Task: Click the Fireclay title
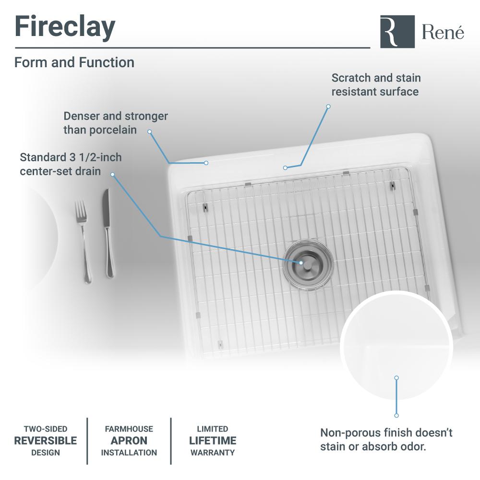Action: click(x=65, y=27)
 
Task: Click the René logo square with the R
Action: click(x=397, y=32)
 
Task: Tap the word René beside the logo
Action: click(x=443, y=32)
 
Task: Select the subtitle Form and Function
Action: click(x=74, y=62)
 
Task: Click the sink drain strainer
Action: click(x=308, y=264)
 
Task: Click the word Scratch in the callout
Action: click(x=351, y=78)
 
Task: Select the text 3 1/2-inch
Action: click(x=96, y=157)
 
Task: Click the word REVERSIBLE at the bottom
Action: click(x=46, y=441)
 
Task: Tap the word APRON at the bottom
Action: click(x=129, y=441)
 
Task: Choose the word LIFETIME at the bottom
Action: click(x=213, y=441)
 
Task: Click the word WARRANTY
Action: click(x=213, y=453)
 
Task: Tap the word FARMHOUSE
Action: click(x=129, y=429)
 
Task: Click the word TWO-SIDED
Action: click(x=46, y=429)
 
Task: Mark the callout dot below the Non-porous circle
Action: click(x=396, y=415)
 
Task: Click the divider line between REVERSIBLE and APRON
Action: click(x=87, y=441)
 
